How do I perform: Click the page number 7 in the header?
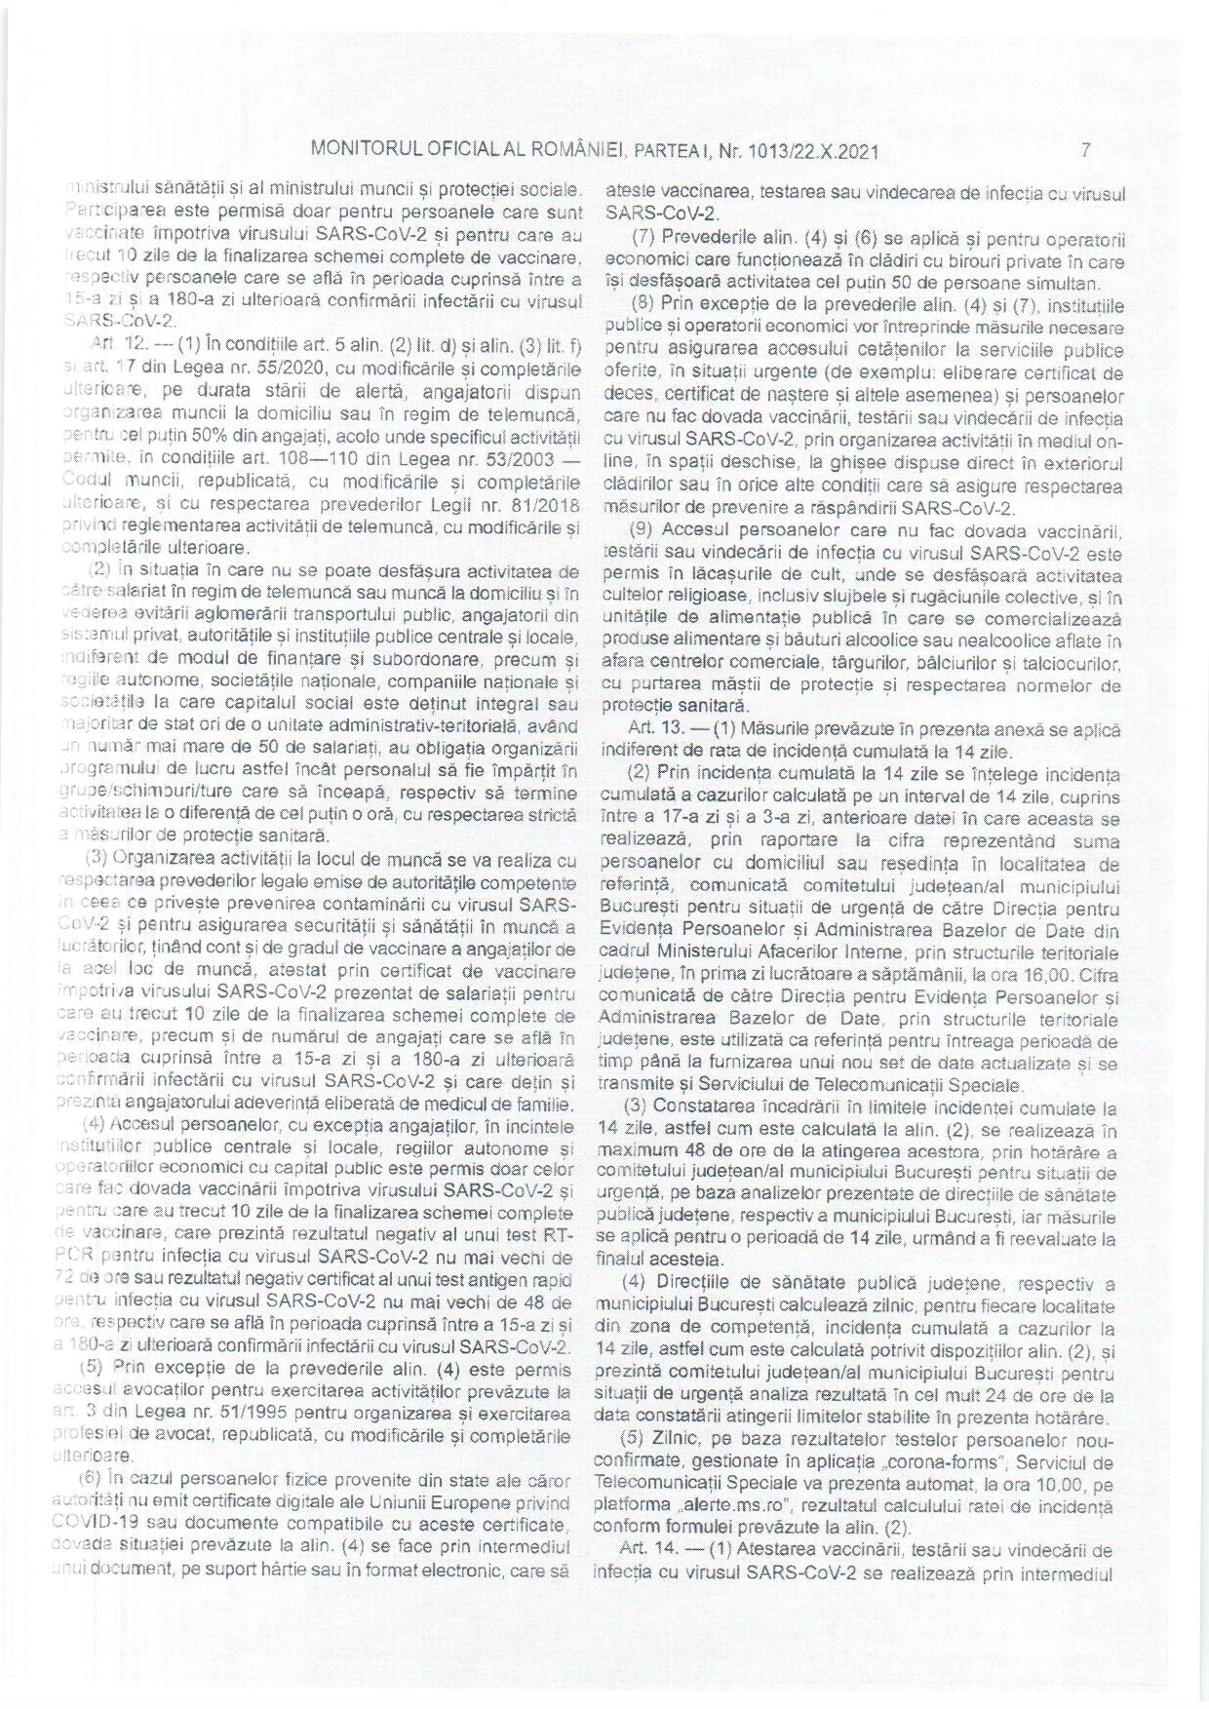tap(1084, 151)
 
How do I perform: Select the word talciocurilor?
tap(1072, 664)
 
